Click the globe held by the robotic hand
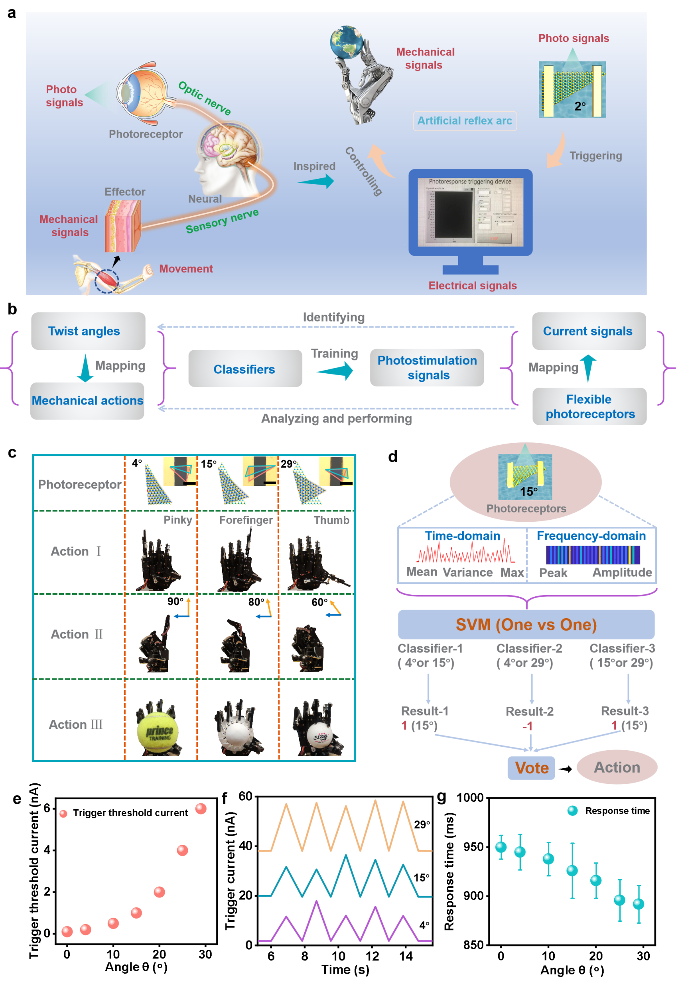click(x=347, y=41)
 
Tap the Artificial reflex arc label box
click(x=465, y=121)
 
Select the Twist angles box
click(x=88, y=331)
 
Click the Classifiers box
click(x=245, y=369)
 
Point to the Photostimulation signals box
click(x=427, y=367)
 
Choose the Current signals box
click(x=588, y=331)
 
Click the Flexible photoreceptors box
click(x=589, y=406)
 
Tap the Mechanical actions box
click(x=87, y=400)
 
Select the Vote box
click(x=531, y=768)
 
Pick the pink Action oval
click(x=617, y=767)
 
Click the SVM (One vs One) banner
click(x=526, y=624)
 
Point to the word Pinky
click(x=178, y=520)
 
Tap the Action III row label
click(x=76, y=724)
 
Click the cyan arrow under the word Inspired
click(x=317, y=181)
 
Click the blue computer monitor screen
click(x=470, y=212)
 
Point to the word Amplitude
click(x=622, y=572)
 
